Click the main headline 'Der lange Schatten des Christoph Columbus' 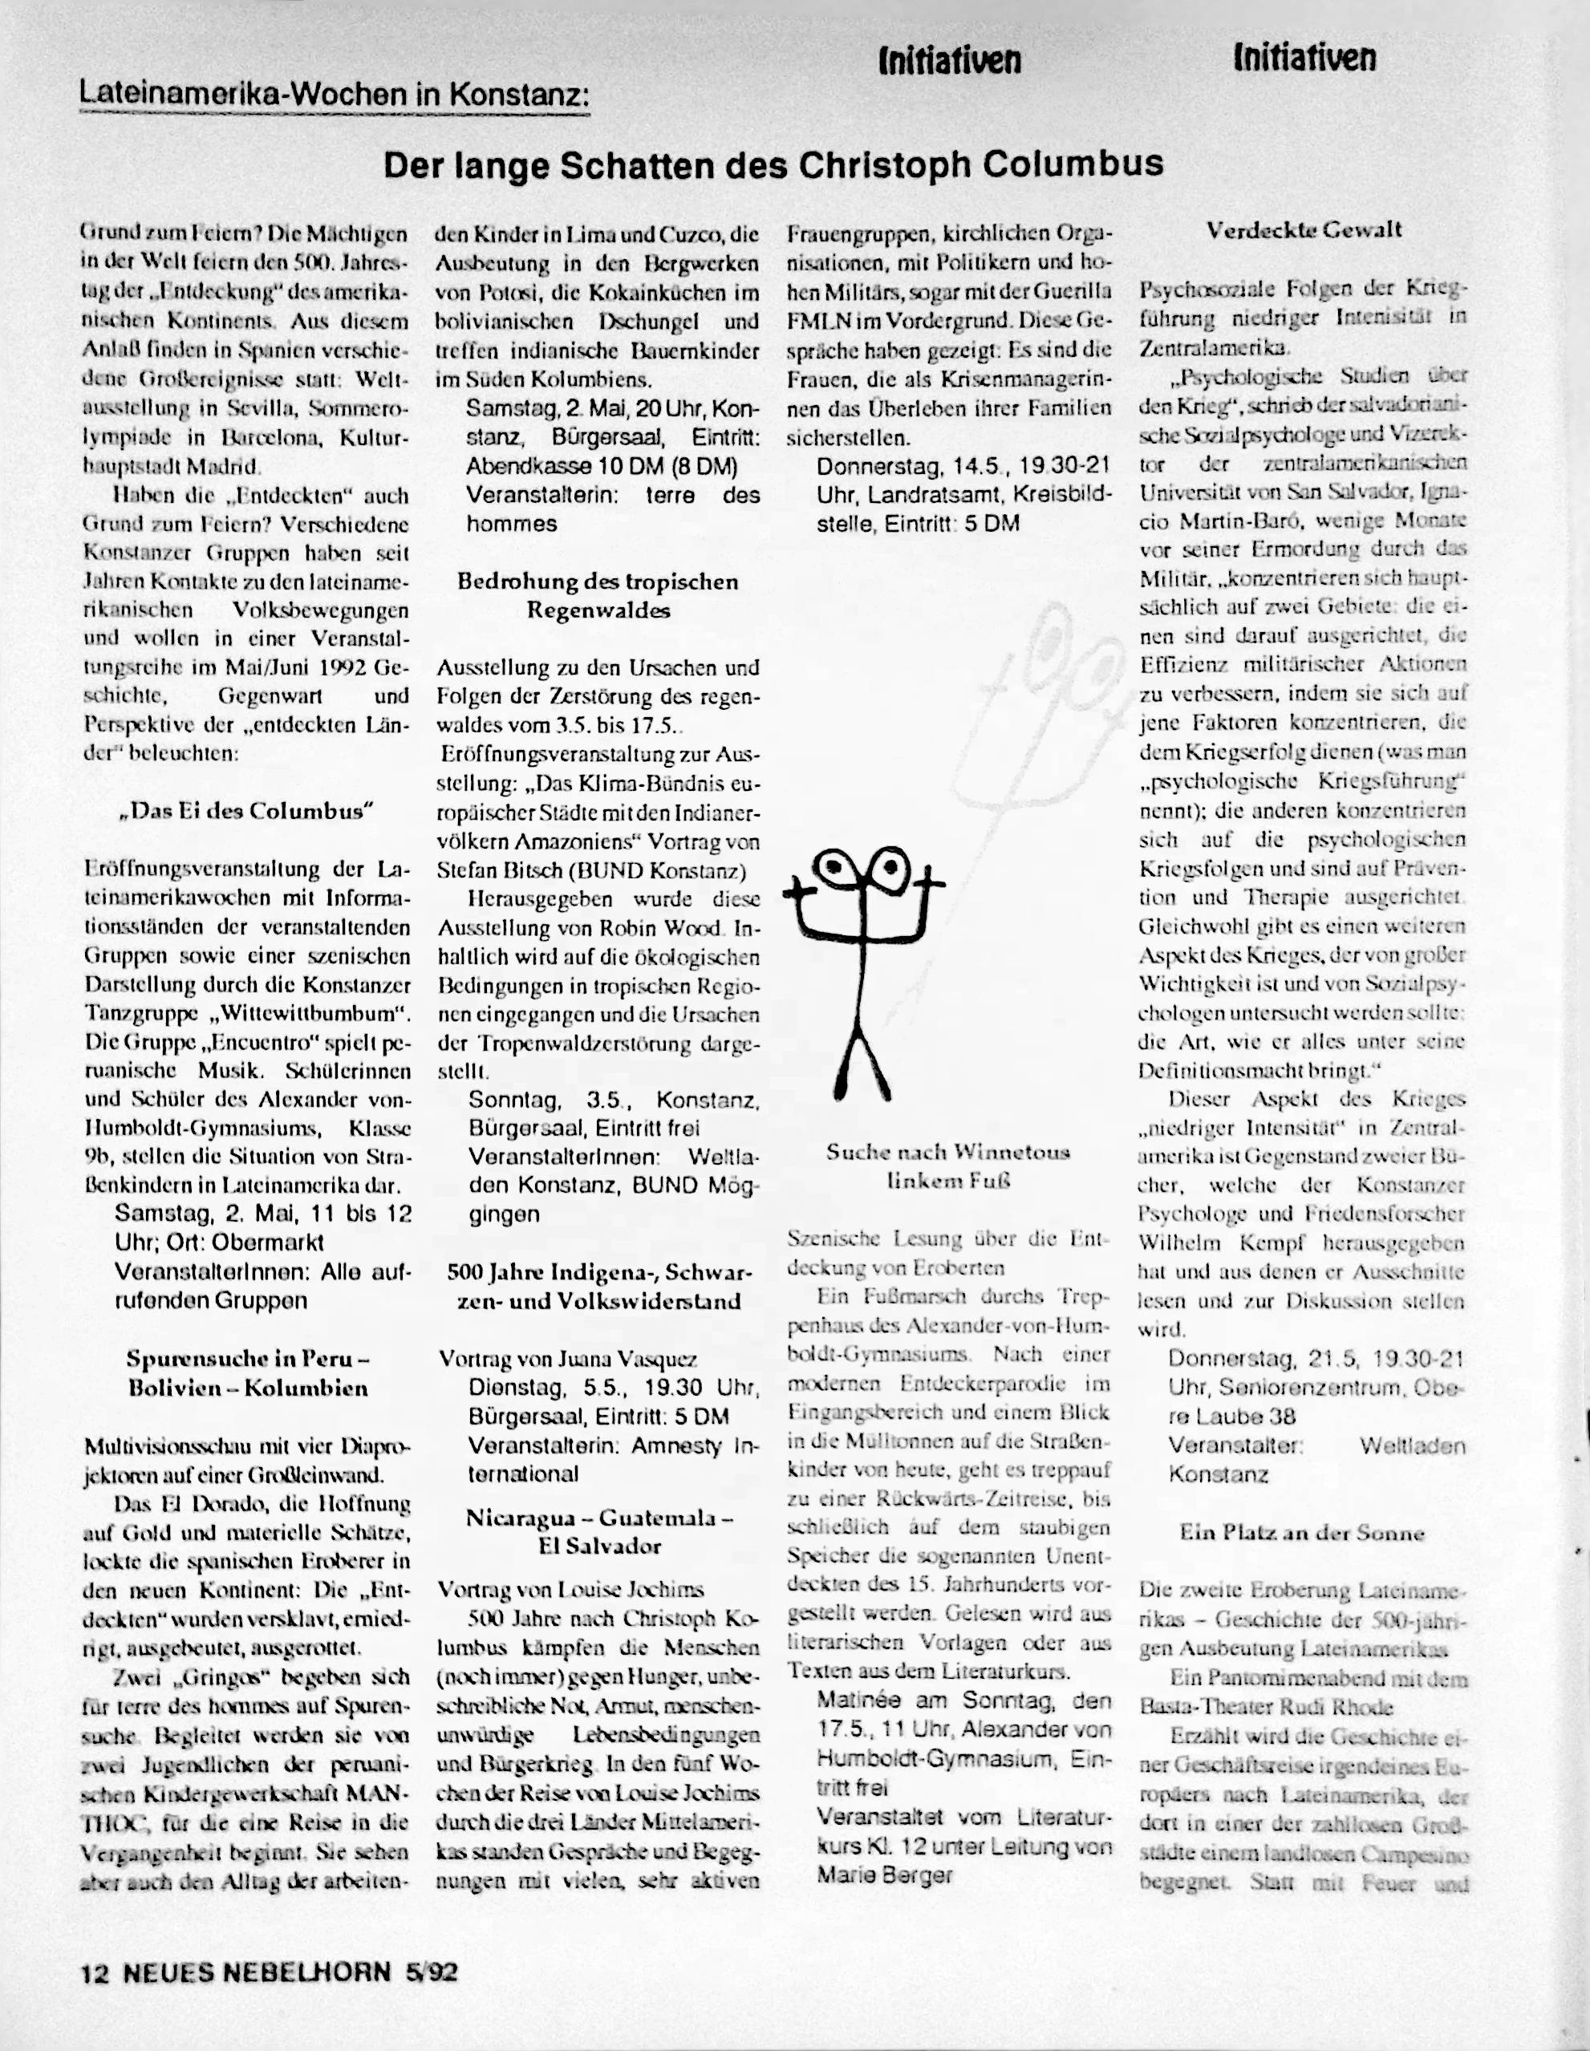coord(773,165)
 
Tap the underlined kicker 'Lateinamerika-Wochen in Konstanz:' coord(335,94)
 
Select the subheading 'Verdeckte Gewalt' coord(1304,230)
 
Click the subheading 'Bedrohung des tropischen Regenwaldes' coord(598,595)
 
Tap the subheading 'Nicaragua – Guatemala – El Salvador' coord(598,1532)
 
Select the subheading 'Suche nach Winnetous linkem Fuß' coord(947,1165)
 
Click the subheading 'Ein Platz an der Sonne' coord(1302,1534)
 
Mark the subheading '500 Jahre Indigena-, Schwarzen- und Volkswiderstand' coord(598,1287)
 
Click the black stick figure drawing coord(864,967)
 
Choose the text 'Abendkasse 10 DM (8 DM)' coord(601,467)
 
